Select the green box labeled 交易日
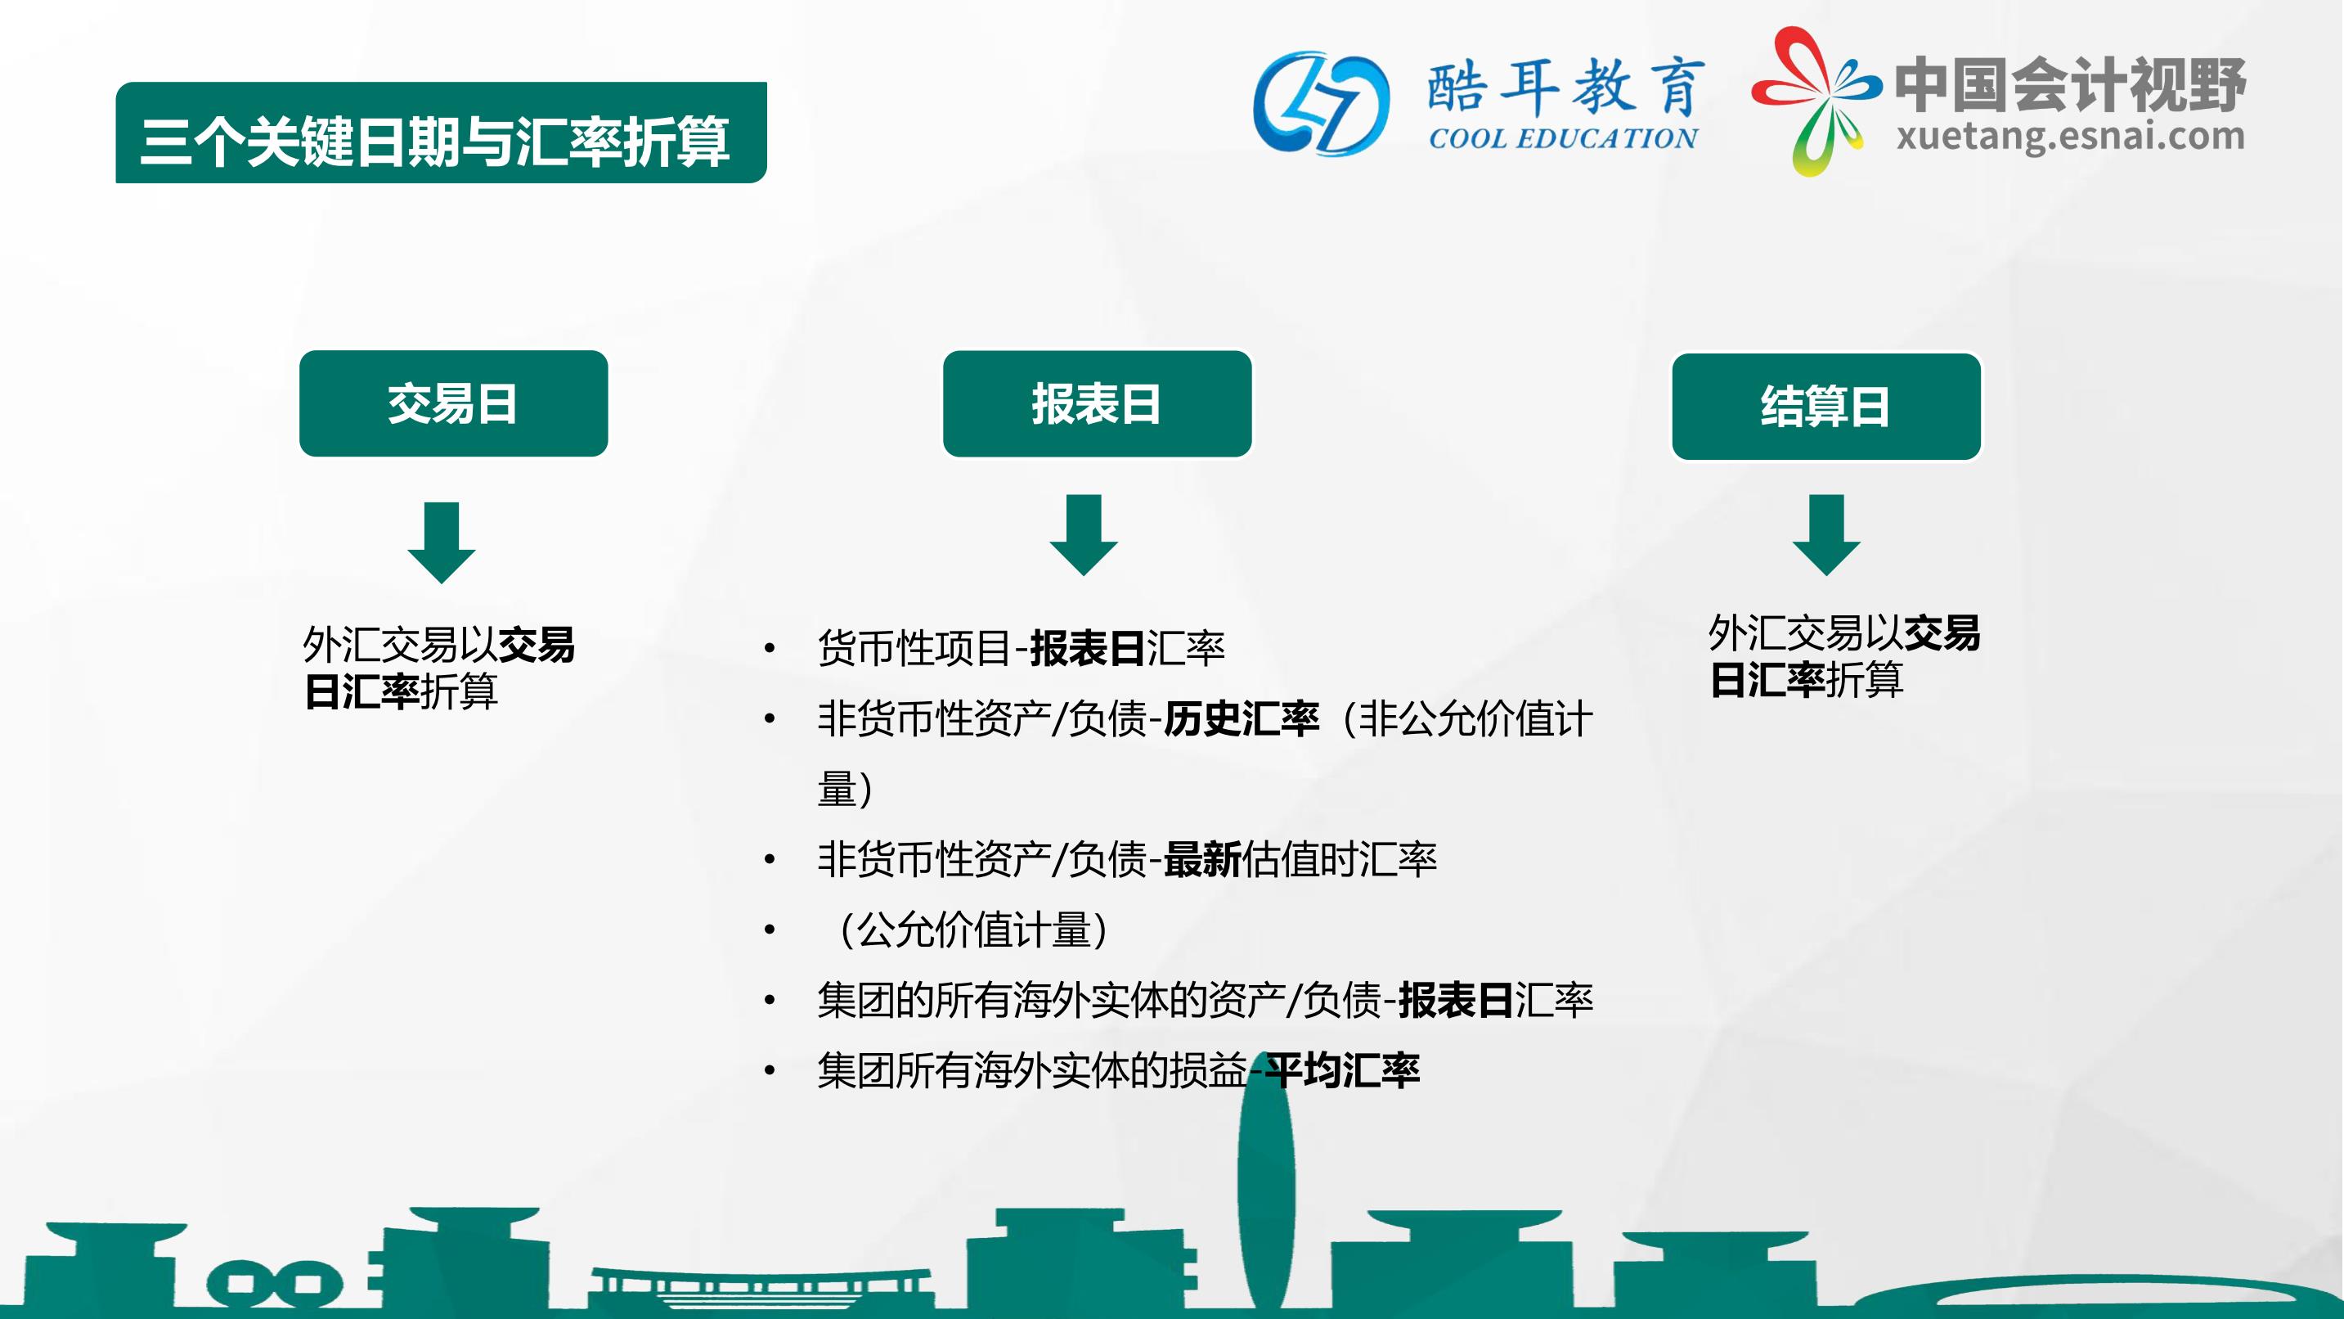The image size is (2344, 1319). (453, 403)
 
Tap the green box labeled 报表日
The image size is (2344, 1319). (1098, 403)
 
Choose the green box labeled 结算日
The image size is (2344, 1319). (1826, 406)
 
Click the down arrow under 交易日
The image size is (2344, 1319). (442, 542)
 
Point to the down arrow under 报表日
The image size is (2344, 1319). (1084, 535)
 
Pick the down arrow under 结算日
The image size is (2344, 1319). (1826, 535)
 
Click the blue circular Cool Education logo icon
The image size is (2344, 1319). (1321, 103)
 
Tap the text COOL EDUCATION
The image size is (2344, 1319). (1562, 138)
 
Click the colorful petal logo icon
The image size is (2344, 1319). (1816, 100)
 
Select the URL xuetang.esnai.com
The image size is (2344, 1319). (2070, 137)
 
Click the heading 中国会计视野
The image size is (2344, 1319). (2070, 83)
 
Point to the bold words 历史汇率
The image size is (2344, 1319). (1242, 719)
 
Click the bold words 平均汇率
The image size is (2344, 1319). (1342, 1070)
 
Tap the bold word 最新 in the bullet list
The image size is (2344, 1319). (1202, 859)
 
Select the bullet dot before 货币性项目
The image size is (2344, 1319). (770, 648)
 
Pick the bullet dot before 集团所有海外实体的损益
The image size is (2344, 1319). (770, 1070)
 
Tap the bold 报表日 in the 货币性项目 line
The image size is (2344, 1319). (1088, 648)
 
